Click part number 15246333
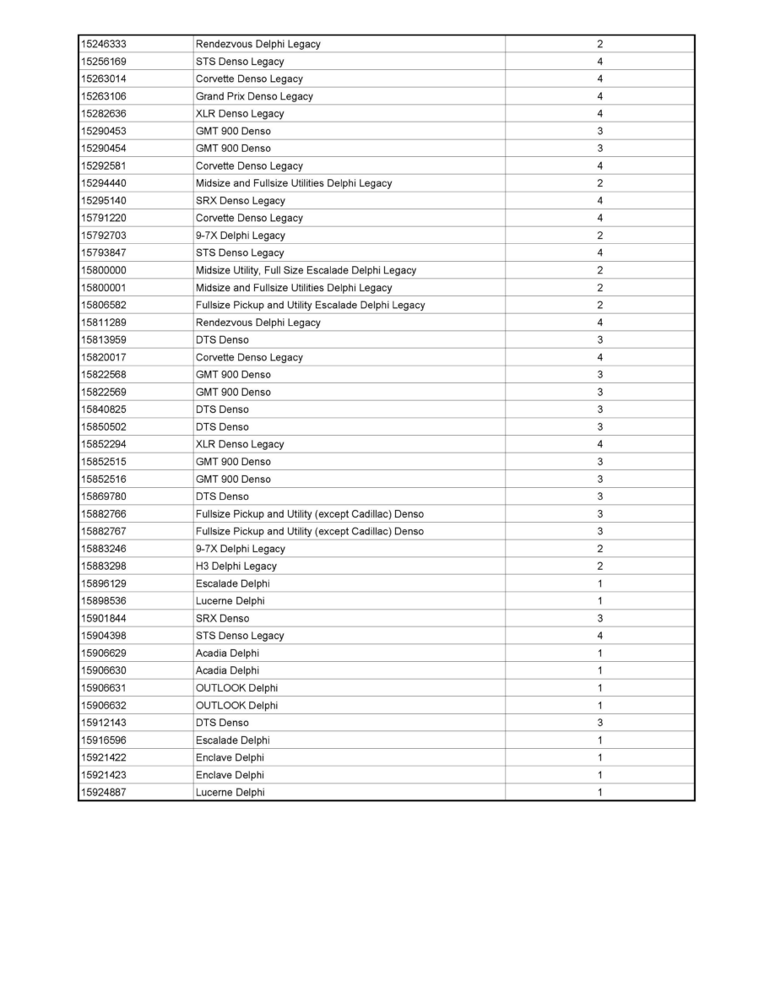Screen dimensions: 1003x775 [x=103, y=44]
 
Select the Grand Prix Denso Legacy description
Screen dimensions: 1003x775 [x=254, y=96]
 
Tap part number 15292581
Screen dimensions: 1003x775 [x=103, y=165]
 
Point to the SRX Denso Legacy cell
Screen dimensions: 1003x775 [x=240, y=201]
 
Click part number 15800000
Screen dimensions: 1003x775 [x=103, y=270]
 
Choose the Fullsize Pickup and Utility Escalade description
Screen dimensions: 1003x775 [x=310, y=305]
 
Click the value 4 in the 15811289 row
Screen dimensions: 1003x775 [x=599, y=323]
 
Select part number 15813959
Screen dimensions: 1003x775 [x=103, y=339]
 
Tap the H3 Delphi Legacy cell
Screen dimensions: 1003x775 [x=236, y=566]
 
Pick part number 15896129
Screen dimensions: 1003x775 [x=103, y=583]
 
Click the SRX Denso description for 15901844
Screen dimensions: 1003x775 [x=222, y=618]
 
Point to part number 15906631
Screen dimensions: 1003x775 [x=103, y=687]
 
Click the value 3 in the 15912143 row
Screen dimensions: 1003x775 [x=599, y=723]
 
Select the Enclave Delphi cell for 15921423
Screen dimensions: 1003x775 [x=230, y=775]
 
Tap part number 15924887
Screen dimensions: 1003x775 [x=103, y=792]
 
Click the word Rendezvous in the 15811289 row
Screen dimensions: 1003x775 [x=220, y=323]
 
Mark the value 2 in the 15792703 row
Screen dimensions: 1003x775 [x=599, y=236]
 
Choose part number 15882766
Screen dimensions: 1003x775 [x=103, y=513]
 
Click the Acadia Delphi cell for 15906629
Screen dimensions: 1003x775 [x=227, y=653]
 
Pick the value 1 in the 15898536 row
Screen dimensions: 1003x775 [x=599, y=601]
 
